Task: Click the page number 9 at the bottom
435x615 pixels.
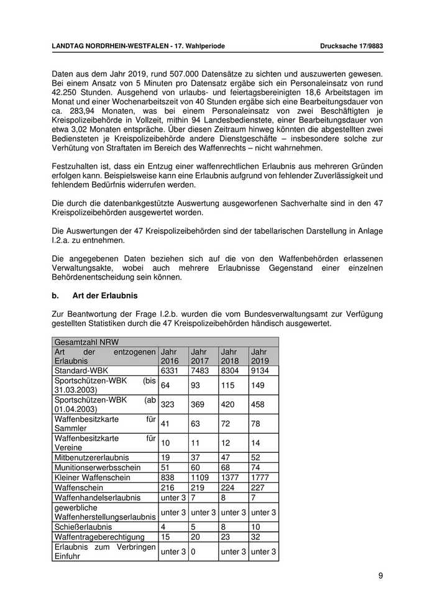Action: pos(380,576)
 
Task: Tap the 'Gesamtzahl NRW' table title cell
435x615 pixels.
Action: pos(86,342)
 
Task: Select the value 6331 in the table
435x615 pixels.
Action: pos(170,370)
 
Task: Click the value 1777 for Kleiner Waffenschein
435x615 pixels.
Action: pos(262,478)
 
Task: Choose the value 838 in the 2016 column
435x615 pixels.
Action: pos(168,478)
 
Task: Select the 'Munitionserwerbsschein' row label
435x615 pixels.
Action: pos(97,467)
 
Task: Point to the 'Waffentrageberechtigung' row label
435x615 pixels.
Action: pos(99,537)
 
